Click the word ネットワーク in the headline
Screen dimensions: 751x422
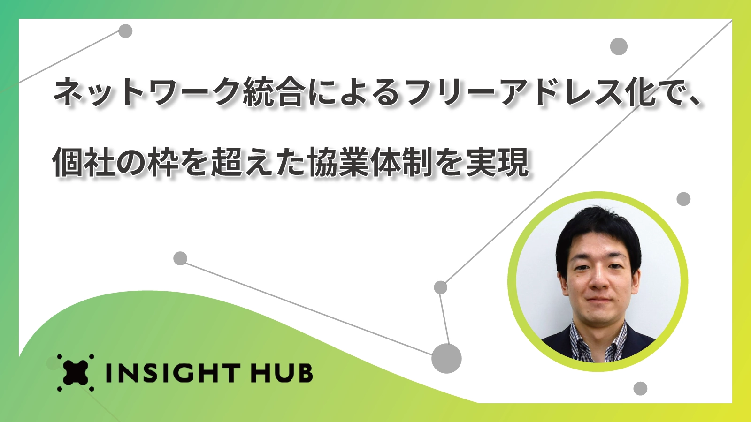pyautogui.click(x=147, y=92)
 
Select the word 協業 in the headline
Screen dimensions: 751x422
pyautogui.click(x=338, y=162)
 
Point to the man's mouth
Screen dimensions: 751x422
pyautogui.click(x=599, y=299)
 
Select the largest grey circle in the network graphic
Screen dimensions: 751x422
pyautogui.click(x=446, y=358)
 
